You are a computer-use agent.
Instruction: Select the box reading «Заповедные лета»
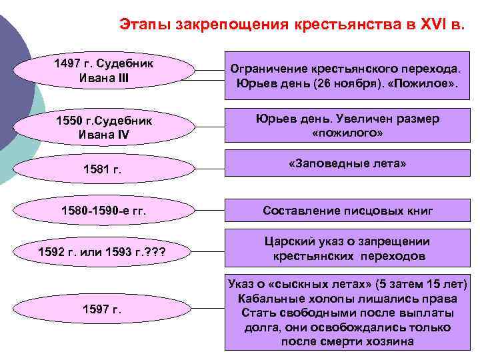[347, 163]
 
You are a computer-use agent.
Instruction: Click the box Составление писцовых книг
[347, 211]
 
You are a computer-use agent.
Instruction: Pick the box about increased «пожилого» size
[347, 125]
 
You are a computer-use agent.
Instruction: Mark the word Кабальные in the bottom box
[263, 299]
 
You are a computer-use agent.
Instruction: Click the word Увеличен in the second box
[359, 118]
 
